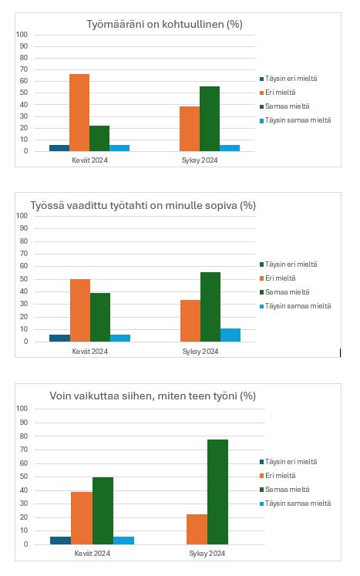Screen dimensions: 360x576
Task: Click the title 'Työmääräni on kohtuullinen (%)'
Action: [x=164, y=24]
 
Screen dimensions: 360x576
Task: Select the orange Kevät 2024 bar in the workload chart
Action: [x=79, y=113]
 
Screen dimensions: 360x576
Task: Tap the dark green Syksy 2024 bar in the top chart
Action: [x=210, y=119]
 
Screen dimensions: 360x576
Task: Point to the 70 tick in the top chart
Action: [x=24, y=69]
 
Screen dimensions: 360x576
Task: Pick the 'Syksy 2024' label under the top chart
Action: [x=200, y=160]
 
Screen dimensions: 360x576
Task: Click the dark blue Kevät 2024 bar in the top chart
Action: [x=59, y=148]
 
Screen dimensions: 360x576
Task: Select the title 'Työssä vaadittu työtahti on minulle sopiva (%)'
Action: [x=143, y=205]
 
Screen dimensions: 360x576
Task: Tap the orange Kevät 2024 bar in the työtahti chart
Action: [x=80, y=311]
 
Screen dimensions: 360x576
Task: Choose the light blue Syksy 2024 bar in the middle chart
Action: [x=230, y=335]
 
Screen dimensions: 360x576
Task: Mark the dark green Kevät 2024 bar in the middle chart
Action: [x=100, y=318]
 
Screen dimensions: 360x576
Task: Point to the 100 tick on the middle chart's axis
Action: [x=22, y=216]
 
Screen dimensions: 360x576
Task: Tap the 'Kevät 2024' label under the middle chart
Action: [x=90, y=351]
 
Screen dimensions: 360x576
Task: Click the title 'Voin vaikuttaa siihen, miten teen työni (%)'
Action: [x=153, y=396]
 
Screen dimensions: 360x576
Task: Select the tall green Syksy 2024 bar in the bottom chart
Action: [x=217, y=492]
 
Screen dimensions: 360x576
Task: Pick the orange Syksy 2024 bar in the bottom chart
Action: [x=197, y=529]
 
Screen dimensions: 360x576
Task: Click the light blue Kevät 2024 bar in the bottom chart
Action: [x=123, y=541]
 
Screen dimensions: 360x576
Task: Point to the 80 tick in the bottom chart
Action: [x=24, y=436]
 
